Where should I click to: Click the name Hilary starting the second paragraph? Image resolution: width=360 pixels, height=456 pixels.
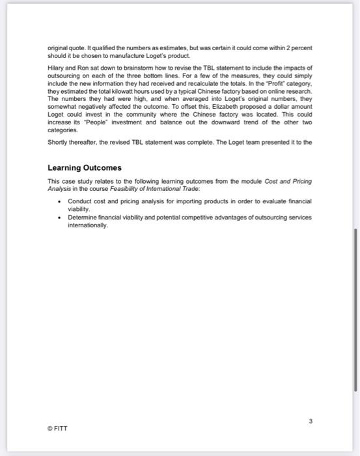pyautogui.click(x=55, y=68)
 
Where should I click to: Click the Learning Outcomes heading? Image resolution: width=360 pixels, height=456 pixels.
pyautogui.click(x=84, y=167)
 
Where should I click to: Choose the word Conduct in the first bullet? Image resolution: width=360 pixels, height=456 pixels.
pyautogui.click(x=79, y=201)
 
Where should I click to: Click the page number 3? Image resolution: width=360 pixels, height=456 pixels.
pyautogui.click(x=311, y=421)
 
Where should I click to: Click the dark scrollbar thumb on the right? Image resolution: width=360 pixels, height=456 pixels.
pyautogui.click(x=355, y=309)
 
